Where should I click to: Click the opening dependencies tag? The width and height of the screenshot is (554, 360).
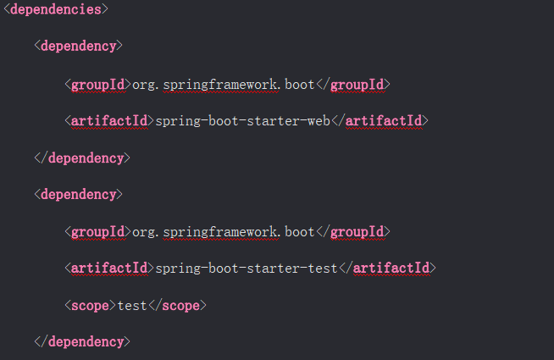click(x=55, y=10)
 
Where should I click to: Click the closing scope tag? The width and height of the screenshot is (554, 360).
click(x=178, y=305)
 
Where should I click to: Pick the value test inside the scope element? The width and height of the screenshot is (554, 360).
click(x=133, y=305)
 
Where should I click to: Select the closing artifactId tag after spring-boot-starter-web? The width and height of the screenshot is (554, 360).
click(x=379, y=120)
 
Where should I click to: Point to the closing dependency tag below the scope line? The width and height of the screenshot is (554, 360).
click(x=82, y=342)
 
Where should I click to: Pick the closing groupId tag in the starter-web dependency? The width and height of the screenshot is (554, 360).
click(x=352, y=84)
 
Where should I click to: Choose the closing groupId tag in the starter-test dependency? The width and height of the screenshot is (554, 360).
click(x=352, y=231)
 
